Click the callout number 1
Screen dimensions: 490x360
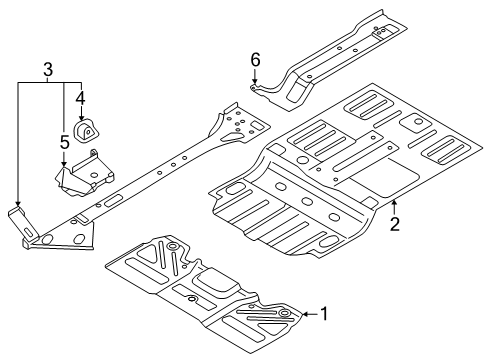[x=324, y=314]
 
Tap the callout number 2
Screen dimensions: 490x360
[x=395, y=224]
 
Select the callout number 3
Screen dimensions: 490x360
[x=48, y=70]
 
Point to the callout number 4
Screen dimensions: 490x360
[x=80, y=98]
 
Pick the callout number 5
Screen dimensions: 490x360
[x=65, y=142]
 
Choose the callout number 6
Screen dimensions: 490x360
[x=255, y=60]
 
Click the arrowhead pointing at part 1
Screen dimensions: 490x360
[x=306, y=314]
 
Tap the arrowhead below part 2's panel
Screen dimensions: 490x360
[x=394, y=202]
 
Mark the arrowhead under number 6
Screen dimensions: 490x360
[x=255, y=81]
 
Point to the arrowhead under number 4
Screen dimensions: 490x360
[x=81, y=118]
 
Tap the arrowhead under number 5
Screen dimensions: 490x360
[x=64, y=163]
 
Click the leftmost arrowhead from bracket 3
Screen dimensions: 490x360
[x=18, y=203]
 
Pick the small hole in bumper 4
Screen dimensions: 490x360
[x=88, y=132]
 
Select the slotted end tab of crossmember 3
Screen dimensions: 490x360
[x=23, y=223]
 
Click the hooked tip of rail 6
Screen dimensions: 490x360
[x=253, y=88]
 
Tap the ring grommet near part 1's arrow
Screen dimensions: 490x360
[x=284, y=313]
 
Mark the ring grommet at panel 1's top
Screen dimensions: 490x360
[x=173, y=246]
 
